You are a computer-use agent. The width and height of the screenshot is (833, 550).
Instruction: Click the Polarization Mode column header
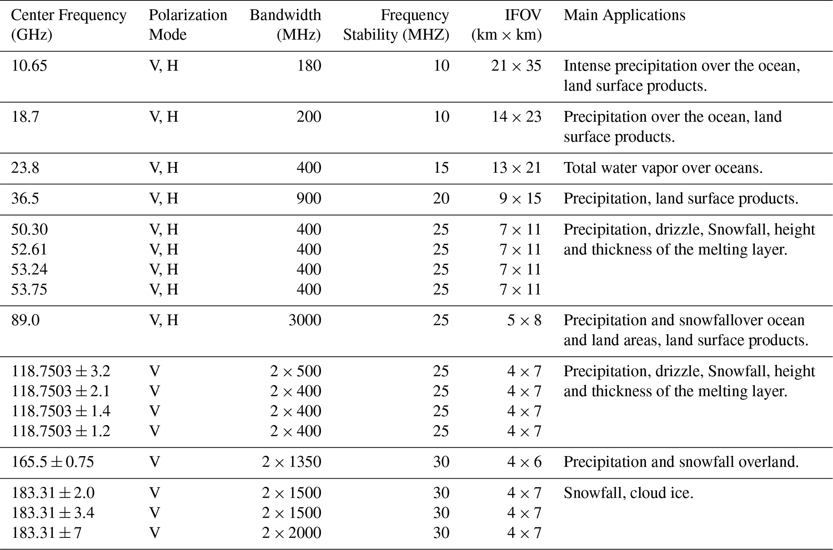click(x=188, y=25)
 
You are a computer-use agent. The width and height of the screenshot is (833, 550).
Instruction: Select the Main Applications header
click(x=624, y=15)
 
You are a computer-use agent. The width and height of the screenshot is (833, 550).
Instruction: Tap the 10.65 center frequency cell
click(x=29, y=66)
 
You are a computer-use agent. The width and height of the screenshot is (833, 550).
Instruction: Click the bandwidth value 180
click(x=309, y=66)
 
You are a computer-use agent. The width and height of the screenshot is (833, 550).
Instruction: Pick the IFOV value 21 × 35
click(x=516, y=66)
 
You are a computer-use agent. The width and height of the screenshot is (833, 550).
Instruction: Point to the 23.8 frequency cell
click(x=25, y=168)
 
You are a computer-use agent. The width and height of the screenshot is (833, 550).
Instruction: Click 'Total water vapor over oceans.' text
click(x=663, y=168)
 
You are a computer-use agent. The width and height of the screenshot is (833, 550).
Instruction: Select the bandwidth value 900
click(x=309, y=199)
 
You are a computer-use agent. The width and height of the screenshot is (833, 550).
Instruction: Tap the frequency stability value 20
click(x=441, y=199)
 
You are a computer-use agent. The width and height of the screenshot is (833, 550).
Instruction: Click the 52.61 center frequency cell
click(x=29, y=249)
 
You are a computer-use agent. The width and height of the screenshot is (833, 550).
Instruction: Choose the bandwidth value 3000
click(x=305, y=320)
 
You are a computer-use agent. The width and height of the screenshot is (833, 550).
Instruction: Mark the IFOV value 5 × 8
click(x=524, y=320)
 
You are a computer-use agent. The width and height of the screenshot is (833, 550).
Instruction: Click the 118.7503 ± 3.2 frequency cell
click(x=60, y=371)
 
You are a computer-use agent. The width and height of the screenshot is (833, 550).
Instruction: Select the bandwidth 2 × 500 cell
click(x=295, y=371)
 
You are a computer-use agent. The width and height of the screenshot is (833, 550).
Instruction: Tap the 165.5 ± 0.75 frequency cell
click(x=52, y=462)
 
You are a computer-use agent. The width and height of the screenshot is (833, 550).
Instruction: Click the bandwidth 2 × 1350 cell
click(x=291, y=462)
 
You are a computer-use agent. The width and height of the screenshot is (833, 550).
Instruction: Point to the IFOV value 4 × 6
click(x=524, y=462)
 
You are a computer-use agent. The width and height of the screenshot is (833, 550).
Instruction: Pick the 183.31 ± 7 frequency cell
click(x=46, y=533)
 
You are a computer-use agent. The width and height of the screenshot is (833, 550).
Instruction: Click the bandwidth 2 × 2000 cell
click(x=291, y=533)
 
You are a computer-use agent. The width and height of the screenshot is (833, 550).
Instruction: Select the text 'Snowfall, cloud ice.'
click(x=628, y=493)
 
